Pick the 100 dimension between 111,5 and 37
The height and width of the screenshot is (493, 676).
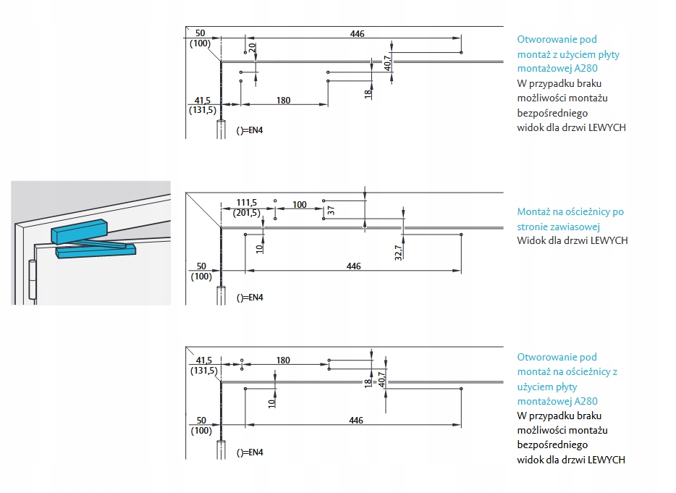pos(300,205)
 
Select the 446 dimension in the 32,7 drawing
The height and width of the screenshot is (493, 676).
pos(353,266)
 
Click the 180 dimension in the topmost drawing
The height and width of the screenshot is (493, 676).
pos(283,100)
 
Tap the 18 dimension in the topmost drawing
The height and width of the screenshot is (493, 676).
pos(368,93)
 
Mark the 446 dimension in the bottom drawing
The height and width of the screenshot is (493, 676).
pos(355,421)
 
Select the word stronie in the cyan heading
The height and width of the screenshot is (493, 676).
pos(532,227)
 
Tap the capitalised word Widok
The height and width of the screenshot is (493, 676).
pos(531,240)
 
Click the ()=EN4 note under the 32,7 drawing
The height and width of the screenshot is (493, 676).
pos(250,298)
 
